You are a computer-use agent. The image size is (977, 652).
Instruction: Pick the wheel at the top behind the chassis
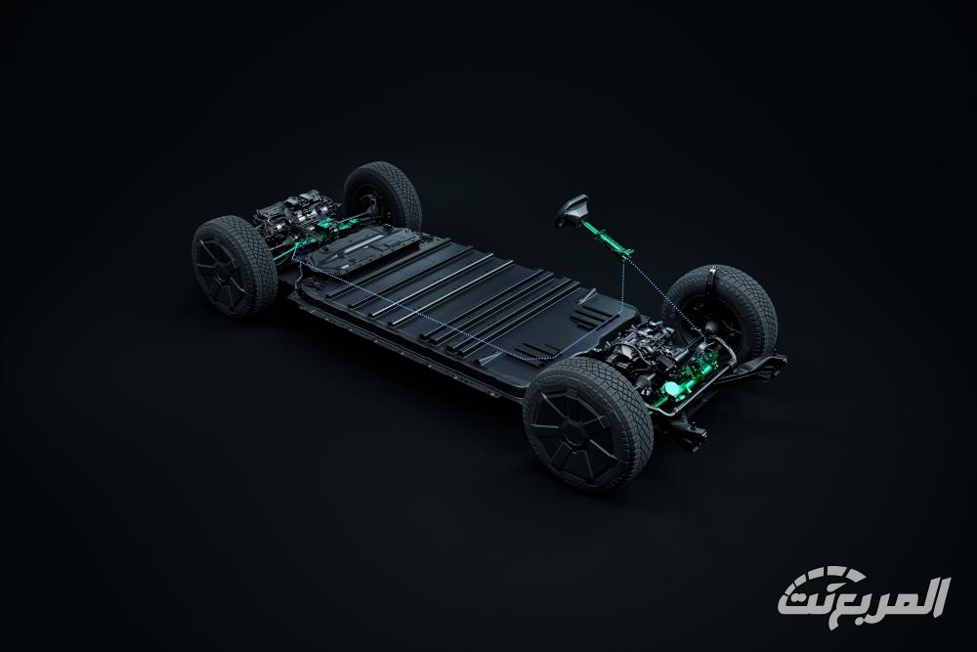[x=382, y=196]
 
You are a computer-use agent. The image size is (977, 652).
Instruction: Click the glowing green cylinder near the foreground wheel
[x=674, y=389]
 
